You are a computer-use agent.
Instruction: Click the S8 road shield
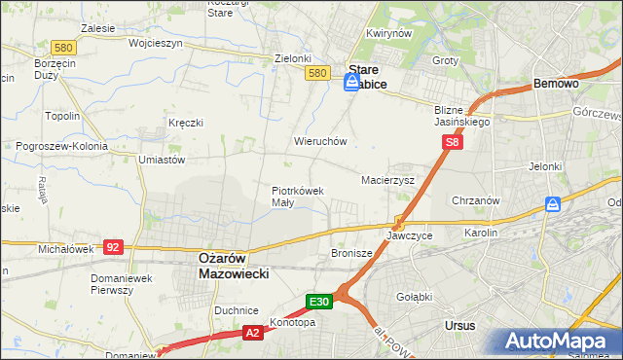point(452,143)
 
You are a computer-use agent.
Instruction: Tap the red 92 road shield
point(113,247)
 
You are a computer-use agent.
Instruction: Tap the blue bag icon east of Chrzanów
point(553,204)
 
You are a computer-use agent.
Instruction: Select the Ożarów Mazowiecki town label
point(227,266)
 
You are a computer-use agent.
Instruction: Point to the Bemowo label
point(556,85)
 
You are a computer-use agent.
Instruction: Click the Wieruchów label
point(320,141)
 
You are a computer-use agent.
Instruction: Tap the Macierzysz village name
point(387,181)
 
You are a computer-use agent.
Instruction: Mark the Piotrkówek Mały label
point(297,197)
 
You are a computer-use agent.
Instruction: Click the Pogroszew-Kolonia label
point(61,146)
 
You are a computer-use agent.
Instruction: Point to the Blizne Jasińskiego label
point(462,117)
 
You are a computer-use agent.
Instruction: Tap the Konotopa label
point(293,322)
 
